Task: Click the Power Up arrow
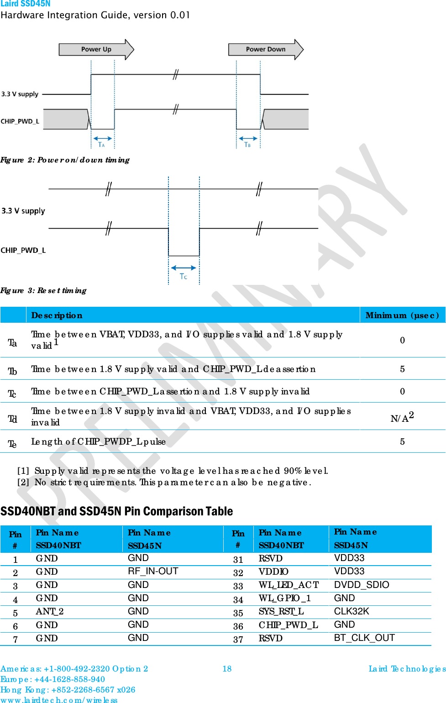(x=96, y=49)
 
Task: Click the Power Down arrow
(x=266, y=49)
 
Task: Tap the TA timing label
(x=101, y=145)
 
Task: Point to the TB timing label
(x=247, y=145)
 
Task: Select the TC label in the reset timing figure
(x=184, y=277)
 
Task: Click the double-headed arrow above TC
(x=184, y=268)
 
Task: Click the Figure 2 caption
(x=65, y=160)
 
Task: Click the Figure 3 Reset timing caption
(x=43, y=290)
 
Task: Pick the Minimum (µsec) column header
(x=402, y=315)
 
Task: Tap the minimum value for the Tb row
(x=402, y=369)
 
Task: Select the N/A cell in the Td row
(x=402, y=417)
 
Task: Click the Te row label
(x=12, y=444)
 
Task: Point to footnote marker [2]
(x=23, y=482)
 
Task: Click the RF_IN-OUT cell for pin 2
(x=153, y=571)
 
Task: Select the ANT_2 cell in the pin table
(x=50, y=611)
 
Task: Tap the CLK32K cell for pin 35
(x=352, y=611)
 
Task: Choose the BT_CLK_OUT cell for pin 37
(x=364, y=638)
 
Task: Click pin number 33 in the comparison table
(x=238, y=586)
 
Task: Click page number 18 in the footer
(x=227, y=669)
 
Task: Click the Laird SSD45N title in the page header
(x=26, y=4)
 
